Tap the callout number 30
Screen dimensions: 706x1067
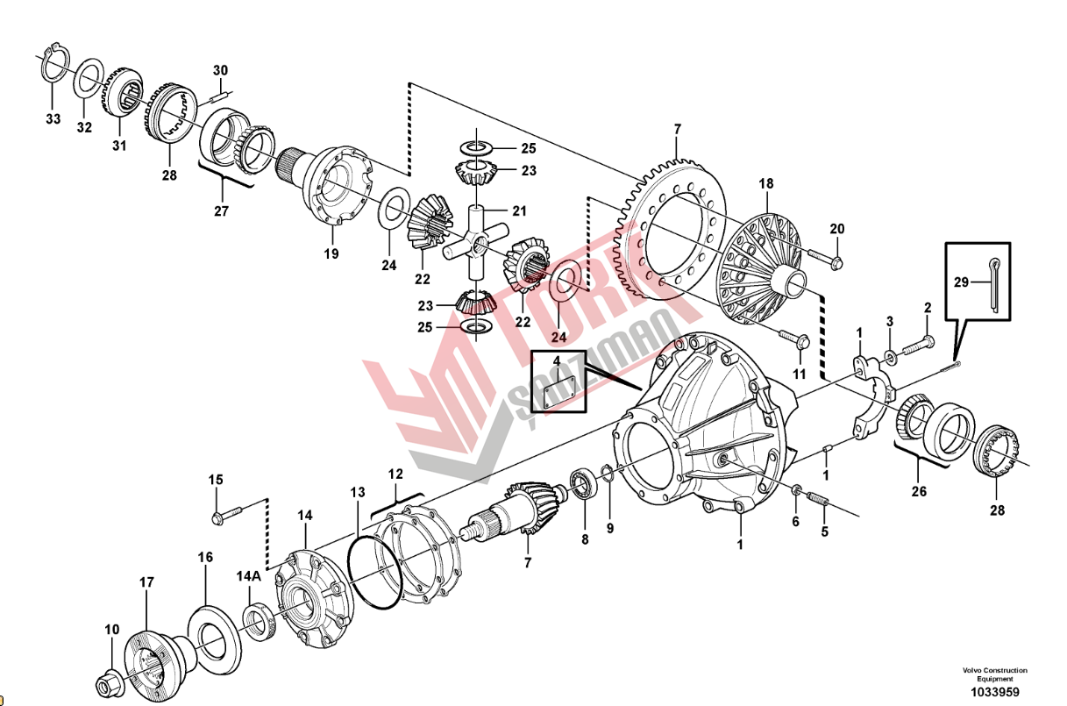pos(220,70)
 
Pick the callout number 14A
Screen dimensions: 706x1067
pos(248,576)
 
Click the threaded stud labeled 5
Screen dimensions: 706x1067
pos(818,498)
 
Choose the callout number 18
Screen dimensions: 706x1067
pos(766,184)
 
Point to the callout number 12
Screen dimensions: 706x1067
pos(395,474)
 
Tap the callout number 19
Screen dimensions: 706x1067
pos(332,255)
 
